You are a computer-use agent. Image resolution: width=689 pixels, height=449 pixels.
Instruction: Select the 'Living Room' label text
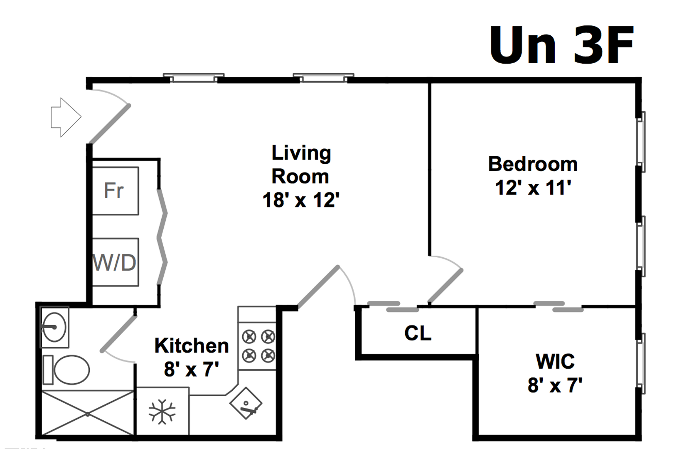pyautogui.click(x=301, y=165)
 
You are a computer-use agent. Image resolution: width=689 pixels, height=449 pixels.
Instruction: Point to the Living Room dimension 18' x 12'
pyautogui.click(x=301, y=200)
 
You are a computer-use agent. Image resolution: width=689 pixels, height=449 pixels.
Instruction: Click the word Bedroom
pyautogui.click(x=533, y=164)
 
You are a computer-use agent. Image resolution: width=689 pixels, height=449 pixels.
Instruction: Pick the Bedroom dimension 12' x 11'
pyautogui.click(x=533, y=188)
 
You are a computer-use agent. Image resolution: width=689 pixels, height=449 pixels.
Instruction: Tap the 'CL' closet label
pyautogui.click(x=418, y=333)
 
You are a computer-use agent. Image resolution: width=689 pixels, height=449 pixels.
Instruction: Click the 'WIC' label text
pyautogui.click(x=555, y=361)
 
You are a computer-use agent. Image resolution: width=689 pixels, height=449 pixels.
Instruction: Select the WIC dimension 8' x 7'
pyautogui.click(x=555, y=386)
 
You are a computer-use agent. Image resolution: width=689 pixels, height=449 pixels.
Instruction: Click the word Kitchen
pyautogui.click(x=192, y=346)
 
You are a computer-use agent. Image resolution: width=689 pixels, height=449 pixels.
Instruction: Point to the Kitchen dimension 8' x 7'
pyautogui.click(x=192, y=369)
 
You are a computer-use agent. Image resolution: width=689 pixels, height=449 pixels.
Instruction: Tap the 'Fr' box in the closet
pyautogui.click(x=115, y=191)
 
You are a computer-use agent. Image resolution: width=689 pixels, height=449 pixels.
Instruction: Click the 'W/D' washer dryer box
pyautogui.click(x=115, y=262)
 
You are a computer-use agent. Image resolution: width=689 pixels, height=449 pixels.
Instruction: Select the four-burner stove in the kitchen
pyautogui.click(x=258, y=346)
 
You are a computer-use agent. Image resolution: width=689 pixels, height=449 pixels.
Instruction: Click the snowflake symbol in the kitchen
pyautogui.click(x=162, y=412)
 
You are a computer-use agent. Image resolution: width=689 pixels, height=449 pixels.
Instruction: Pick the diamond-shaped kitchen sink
pyautogui.click(x=246, y=403)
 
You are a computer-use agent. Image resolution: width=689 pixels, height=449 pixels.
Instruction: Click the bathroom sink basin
pyautogui.click(x=54, y=327)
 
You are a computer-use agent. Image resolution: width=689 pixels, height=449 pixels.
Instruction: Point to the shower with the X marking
pyautogui.click(x=88, y=413)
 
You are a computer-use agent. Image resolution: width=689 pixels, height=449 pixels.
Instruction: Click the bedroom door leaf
pyautogui.click(x=445, y=286)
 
